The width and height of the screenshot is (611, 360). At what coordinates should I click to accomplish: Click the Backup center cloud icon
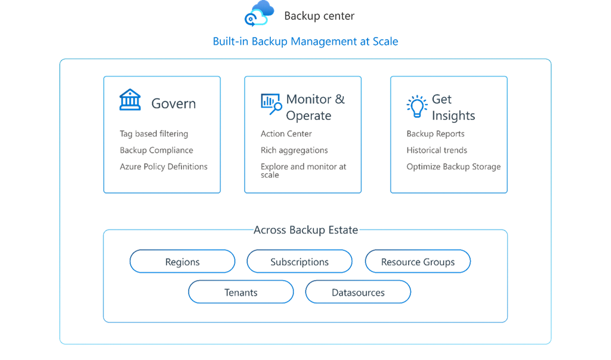[258, 14]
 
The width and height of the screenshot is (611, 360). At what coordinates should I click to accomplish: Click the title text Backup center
[319, 16]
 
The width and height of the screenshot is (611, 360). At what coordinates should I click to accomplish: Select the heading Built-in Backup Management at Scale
[305, 41]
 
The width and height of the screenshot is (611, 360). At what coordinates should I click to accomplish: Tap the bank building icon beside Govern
[130, 100]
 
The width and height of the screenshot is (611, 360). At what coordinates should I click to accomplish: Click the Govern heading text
[173, 103]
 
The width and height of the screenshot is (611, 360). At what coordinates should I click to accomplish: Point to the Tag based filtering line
[153, 134]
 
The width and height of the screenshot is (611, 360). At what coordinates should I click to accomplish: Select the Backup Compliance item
[156, 150]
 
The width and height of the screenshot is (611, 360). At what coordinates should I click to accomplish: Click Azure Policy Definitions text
[163, 167]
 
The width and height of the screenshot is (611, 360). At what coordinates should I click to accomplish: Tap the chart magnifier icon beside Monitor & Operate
[271, 103]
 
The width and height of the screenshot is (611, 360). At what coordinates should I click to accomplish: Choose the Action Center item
[286, 134]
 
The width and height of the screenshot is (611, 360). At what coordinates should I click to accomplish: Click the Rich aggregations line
[294, 150]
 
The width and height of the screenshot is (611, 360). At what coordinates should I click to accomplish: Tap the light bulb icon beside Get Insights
[416, 106]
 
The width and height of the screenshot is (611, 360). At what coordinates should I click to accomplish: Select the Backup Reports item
[435, 134]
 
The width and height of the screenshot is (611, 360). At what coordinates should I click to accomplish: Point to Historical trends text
[436, 150]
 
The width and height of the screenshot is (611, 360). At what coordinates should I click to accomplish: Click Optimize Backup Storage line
[453, 167]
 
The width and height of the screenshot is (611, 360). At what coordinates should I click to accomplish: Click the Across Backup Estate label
[305, 230]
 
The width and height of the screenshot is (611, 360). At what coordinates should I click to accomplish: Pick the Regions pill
[182, 261]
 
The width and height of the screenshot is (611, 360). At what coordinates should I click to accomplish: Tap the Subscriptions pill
[299, 261]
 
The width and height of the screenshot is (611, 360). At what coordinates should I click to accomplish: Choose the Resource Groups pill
[417, 261]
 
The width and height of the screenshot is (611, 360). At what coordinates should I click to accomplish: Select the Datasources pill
[357, 293]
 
